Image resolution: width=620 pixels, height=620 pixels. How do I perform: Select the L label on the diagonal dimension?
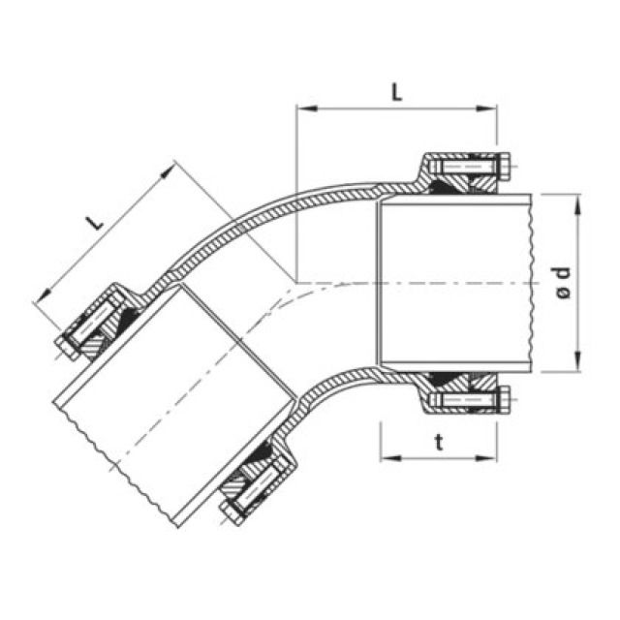[95, 221]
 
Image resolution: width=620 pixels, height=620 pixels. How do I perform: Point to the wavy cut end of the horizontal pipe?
[531, 281]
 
